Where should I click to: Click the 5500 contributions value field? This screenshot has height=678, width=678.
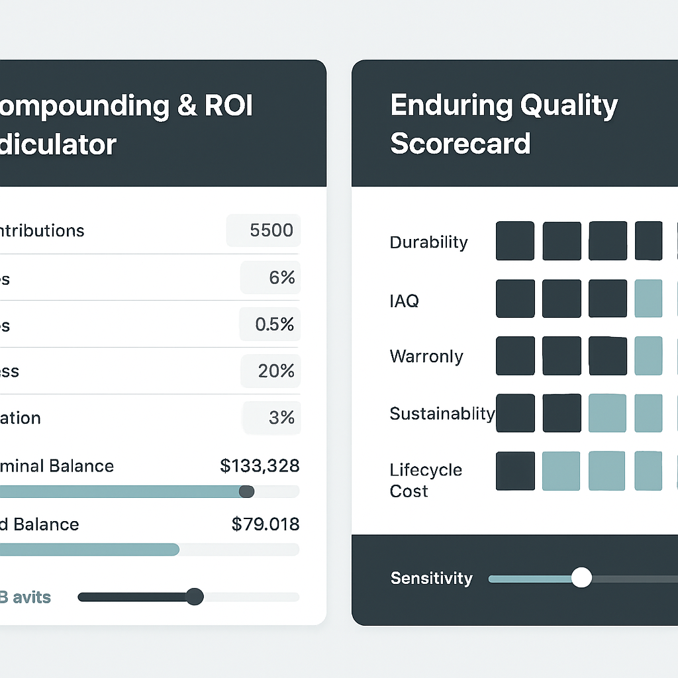click(264, 230)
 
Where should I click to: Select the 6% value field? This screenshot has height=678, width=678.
click(271, 277)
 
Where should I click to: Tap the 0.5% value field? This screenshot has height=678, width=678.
click(270, 324)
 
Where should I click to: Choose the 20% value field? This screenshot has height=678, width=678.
click(270, 371)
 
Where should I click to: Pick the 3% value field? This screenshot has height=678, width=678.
click(272, 418)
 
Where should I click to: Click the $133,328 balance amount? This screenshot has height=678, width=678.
click(260, 466)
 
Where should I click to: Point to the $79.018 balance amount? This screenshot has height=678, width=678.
click(266, 524)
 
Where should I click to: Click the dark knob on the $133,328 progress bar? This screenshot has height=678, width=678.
click(246, 491)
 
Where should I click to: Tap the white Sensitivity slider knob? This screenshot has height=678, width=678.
click(581, 578)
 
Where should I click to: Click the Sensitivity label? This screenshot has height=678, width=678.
click(431, 578)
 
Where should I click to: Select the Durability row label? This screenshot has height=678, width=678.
click(428, 242)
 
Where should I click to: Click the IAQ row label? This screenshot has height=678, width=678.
click(404, 301)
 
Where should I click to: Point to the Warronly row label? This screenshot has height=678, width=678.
click(426, 356)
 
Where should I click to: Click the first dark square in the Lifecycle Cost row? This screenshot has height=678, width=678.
click(515, 471)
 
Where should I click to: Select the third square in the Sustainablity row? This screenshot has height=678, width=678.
click(607, 413)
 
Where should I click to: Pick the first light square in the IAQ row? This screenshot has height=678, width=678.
click(648, 298)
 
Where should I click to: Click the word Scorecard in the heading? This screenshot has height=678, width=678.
click(460, 143)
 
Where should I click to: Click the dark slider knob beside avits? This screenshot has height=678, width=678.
click(195, 597)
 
